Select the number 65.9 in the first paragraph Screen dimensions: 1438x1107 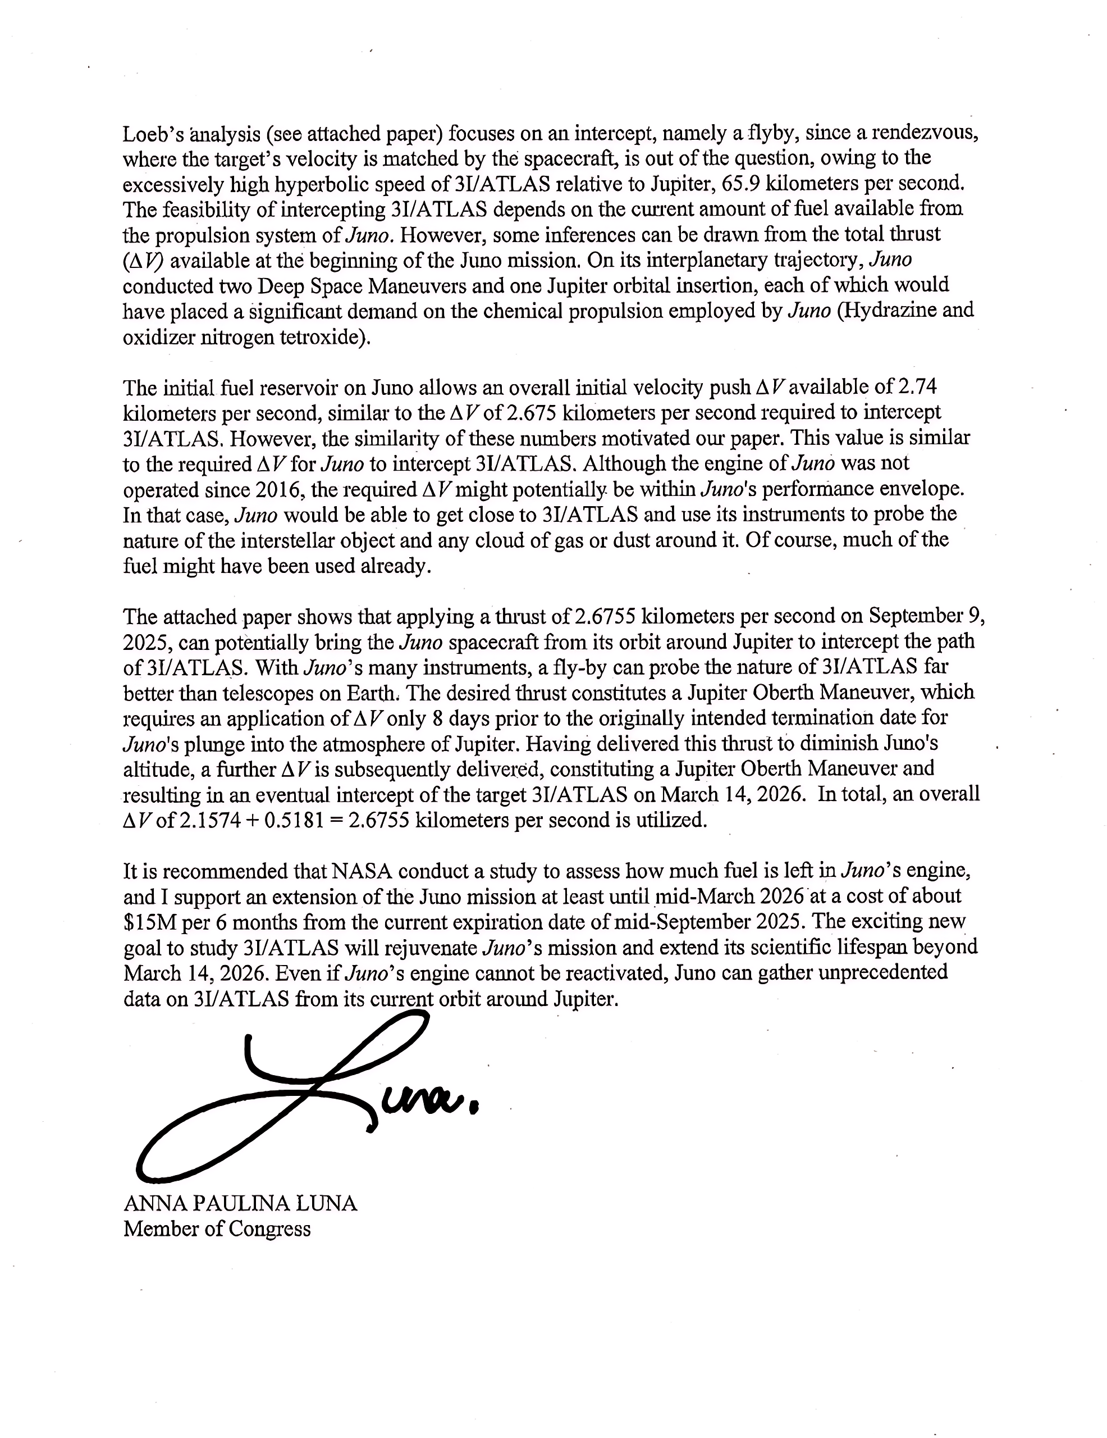click(x=742, y=184)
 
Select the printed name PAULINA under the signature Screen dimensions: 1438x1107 click(x=240, y=1204)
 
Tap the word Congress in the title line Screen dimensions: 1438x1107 click(x=271, y=1228)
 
